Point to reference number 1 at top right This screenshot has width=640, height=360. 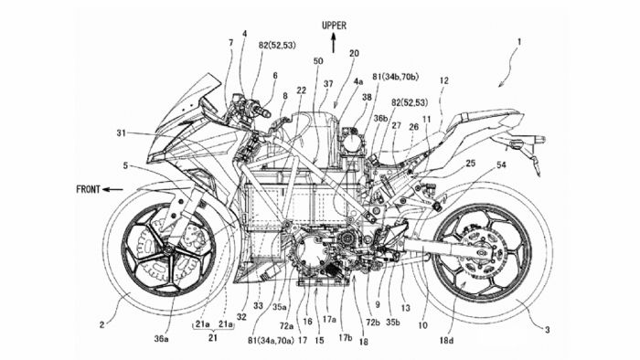click(521, 42)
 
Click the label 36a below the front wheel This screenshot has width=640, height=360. click(161, 339)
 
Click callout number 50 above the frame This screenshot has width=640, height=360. click(317, 61)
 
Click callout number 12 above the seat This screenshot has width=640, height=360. click(443, 81)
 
